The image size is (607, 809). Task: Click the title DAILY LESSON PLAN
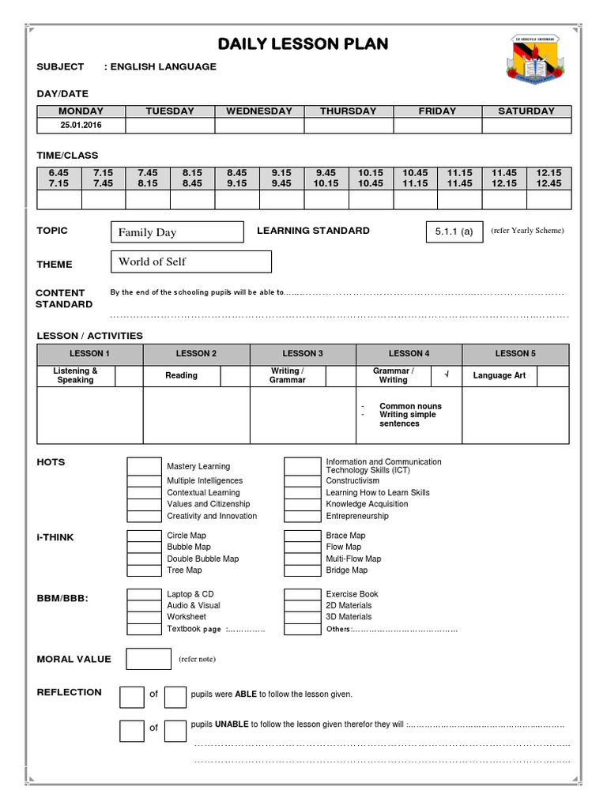(x=303, y=43)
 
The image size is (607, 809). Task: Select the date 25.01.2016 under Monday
(x=80, y=126)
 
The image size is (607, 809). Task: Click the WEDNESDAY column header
(x=259, y=111)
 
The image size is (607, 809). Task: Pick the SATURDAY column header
(x=526, y=111)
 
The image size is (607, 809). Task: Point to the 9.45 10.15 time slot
(x=326, y=178)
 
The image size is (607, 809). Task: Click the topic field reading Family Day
(x=177, y=232)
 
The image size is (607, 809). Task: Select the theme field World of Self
(x=190, y=262)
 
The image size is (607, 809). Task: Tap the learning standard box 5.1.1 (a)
(x=454, y=231)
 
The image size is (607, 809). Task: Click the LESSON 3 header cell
(x=303, y=354)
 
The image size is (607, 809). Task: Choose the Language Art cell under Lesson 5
(x=499, y=376)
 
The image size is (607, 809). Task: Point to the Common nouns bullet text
(x=410, y=406)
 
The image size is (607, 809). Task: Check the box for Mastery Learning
(x=144, y=466)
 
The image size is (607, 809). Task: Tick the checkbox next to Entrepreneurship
(x=301, y=516)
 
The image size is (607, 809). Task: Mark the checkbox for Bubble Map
(x=144, y=547)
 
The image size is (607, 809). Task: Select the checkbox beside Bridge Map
(x=301, y=570)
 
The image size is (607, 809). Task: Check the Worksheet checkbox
(x=144, y=617)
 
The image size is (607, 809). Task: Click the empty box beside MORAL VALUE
(x=148, y=659)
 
